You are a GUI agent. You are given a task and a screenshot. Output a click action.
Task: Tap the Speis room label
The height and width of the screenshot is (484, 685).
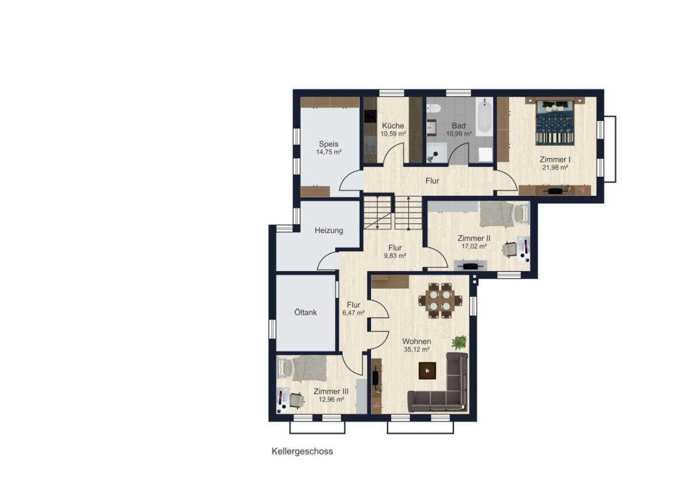pos(329,144)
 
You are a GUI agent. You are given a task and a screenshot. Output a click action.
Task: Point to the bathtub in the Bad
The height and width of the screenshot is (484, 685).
pos(484,115)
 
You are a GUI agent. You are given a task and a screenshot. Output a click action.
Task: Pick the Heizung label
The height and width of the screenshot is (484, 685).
pos(329,230)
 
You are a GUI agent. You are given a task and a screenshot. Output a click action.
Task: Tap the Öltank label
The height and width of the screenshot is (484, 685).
pos(305,312)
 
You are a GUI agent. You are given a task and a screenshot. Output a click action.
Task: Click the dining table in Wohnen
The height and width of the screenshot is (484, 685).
pos(440,300)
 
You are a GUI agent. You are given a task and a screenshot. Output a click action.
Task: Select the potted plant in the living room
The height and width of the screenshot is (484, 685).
pos(459,342)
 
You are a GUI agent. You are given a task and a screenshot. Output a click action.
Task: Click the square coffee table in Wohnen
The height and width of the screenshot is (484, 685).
pos(427,371)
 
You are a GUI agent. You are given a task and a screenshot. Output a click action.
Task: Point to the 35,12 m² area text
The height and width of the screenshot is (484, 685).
pos(417,350)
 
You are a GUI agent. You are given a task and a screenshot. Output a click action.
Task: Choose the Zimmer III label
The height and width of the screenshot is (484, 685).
pos(331,392)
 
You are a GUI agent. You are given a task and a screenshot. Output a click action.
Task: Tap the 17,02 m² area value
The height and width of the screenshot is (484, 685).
pos(474,246)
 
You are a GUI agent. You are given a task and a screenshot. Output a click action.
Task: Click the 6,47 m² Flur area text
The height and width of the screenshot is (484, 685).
pos(353,312)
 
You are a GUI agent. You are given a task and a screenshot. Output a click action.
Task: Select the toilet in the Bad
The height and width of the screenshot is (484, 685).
pos(433,108)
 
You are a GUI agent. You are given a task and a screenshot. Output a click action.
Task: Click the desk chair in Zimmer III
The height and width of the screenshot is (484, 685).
pos(388,400)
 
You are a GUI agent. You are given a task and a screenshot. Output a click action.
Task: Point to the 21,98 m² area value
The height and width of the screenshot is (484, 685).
pos(555,167)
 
